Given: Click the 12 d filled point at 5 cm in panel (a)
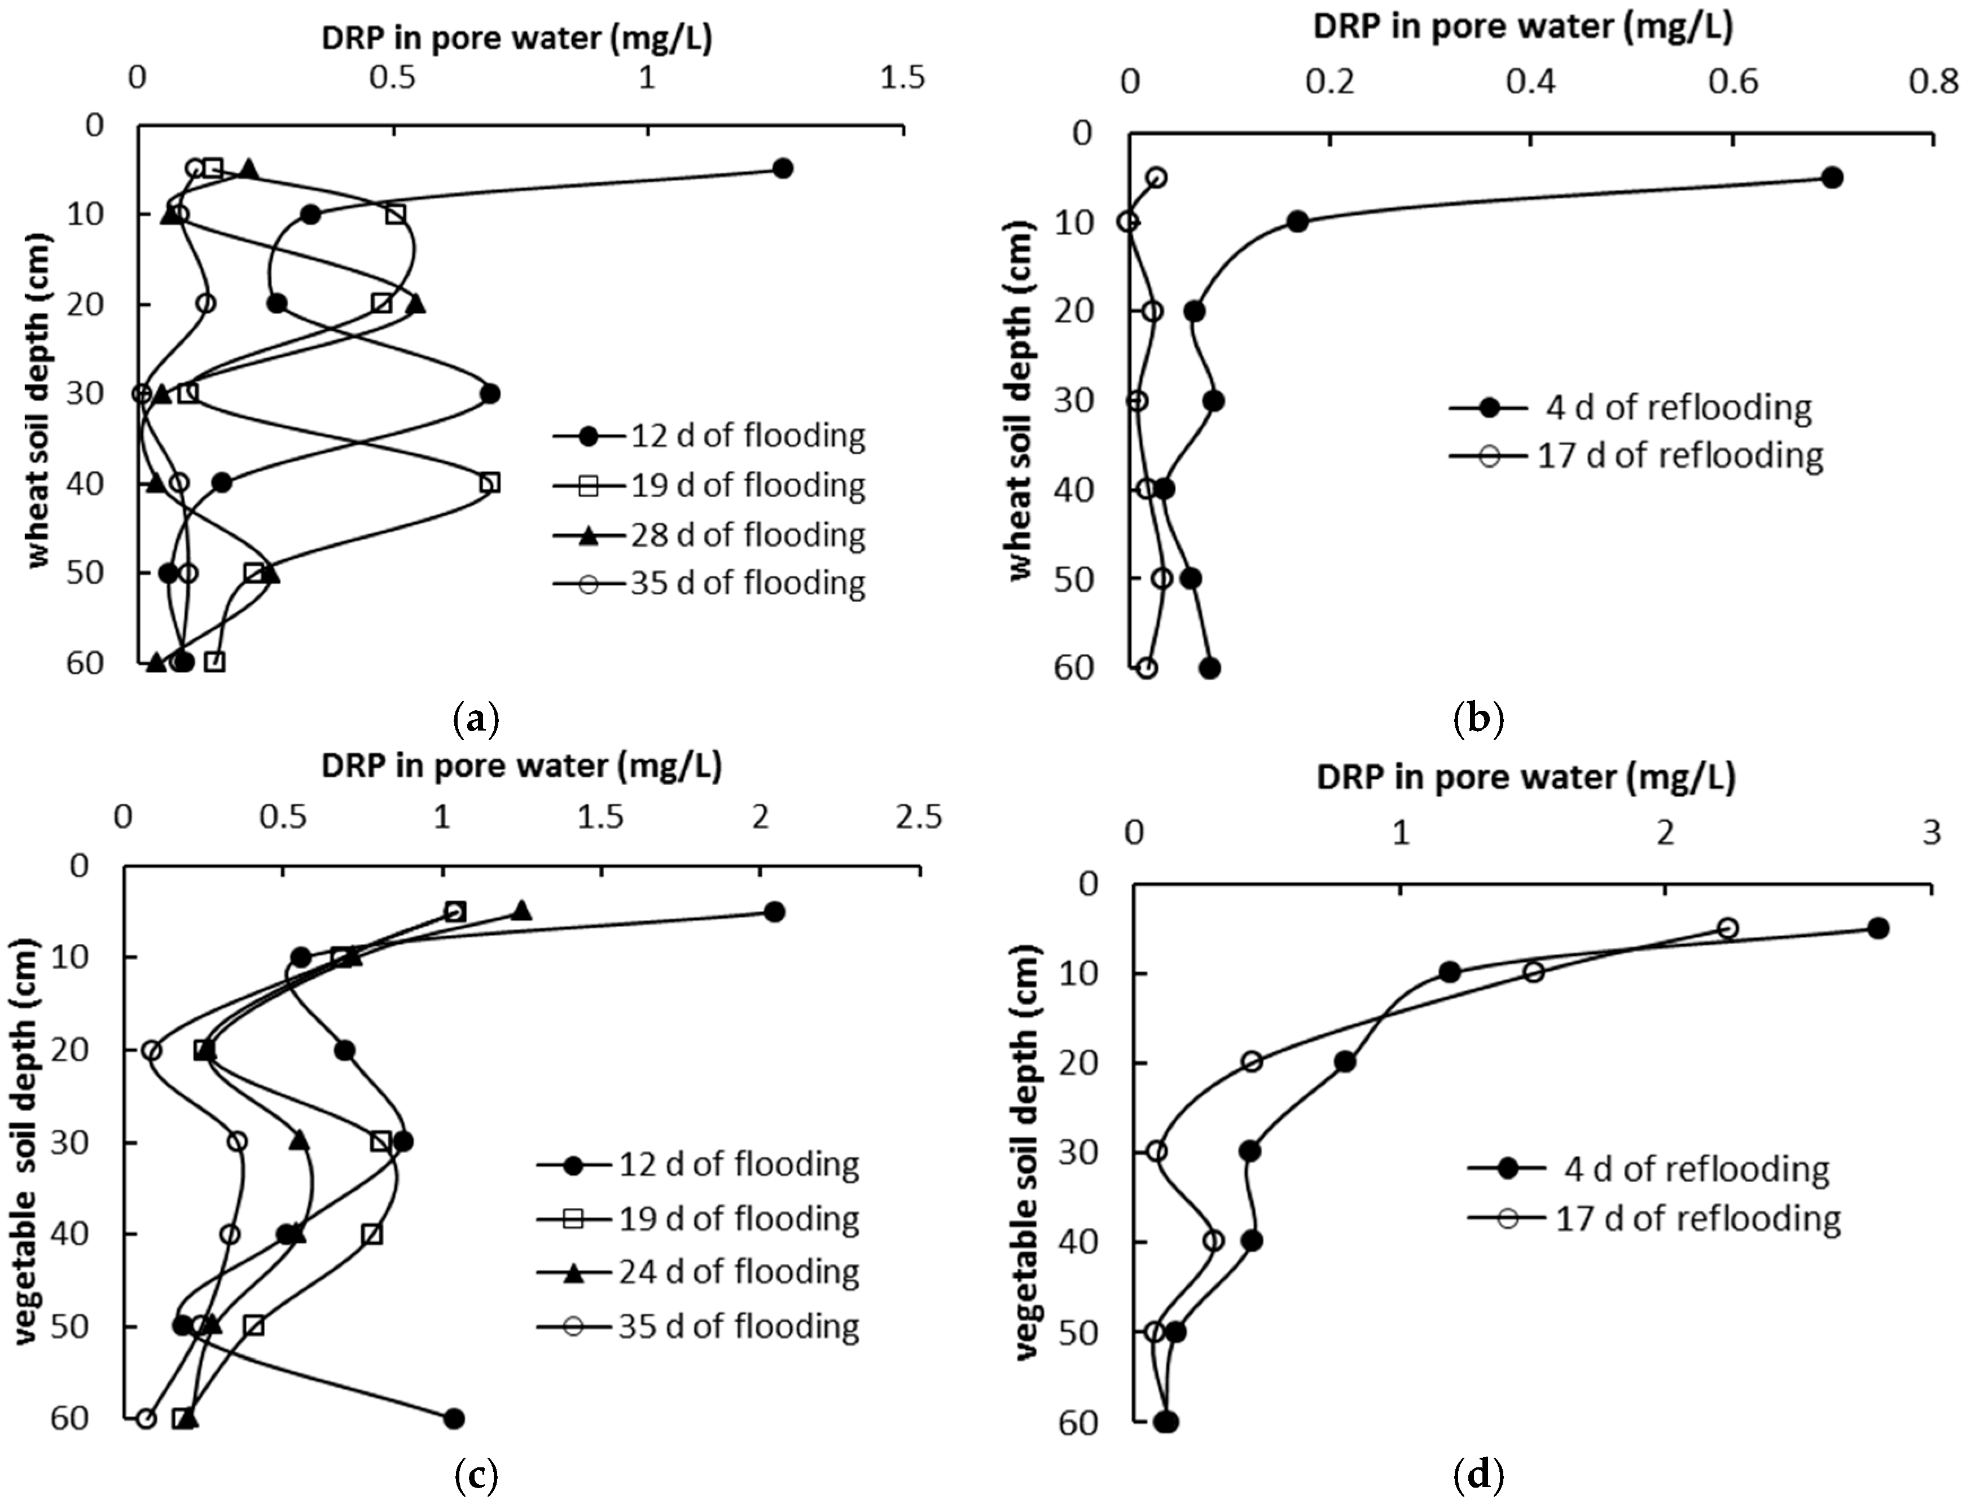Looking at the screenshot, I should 783,168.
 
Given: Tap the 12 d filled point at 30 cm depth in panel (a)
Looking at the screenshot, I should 489,394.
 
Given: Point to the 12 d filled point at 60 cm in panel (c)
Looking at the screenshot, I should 454,1419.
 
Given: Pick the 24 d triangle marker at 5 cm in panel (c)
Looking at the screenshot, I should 522,911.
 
